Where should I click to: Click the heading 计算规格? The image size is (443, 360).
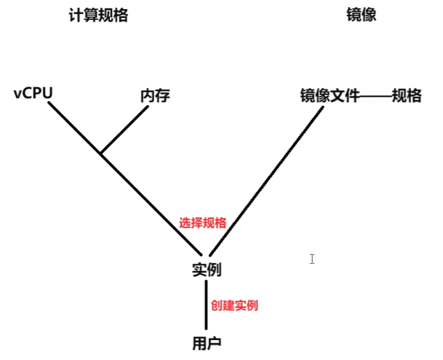(98, 15)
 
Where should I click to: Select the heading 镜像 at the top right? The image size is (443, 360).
(361, 15)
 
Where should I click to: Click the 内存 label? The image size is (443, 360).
(155, 96)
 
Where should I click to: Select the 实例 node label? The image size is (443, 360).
(206, 270)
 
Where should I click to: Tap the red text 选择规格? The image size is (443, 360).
(203, 223)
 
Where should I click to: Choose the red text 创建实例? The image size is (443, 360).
(235, 305)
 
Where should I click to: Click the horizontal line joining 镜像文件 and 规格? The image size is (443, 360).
(375, 96)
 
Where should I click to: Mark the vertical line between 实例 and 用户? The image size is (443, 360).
(206, 305)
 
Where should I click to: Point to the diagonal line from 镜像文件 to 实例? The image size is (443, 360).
(266, 181)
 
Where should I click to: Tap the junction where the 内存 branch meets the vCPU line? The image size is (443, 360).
(101, 154)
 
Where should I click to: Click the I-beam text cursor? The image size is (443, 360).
(312, 258)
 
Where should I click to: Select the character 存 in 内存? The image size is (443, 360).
(163, 96)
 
